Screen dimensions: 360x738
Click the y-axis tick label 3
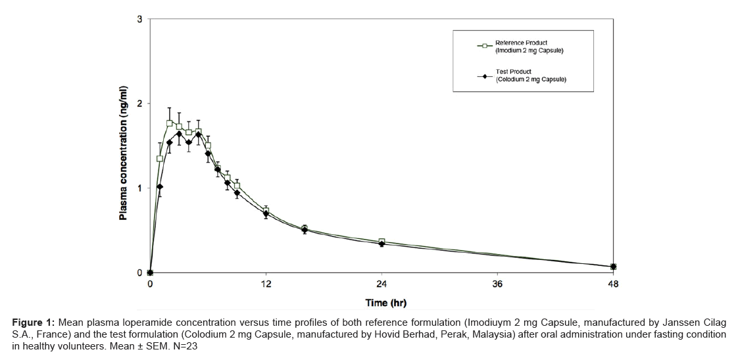[x=139, y=19]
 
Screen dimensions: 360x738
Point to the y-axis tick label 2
[x=139, y=104]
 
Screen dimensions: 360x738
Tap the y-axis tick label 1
[x=139, y=188]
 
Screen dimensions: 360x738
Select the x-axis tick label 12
[x=266, y=284]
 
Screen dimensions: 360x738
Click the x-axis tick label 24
[x=381, y=284]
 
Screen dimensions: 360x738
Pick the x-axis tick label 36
[x=497, y=284]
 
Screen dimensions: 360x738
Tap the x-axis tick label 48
[x=613, y=284]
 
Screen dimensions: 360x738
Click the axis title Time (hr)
[x=386, y=303]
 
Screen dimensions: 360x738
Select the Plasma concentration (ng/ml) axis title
[x=123, y=153]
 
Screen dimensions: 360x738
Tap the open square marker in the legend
[x=485, y=46]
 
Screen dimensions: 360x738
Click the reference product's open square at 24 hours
[x=381, y=242]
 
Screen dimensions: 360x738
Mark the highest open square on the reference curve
[x=170, y=123]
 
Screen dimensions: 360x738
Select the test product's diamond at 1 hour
[x=160, y=187]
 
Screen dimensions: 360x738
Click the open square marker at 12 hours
[x=266, y=211]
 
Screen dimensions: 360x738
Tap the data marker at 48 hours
[x=613, y=267]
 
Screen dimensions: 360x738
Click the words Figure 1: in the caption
[x=34, y=322]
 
